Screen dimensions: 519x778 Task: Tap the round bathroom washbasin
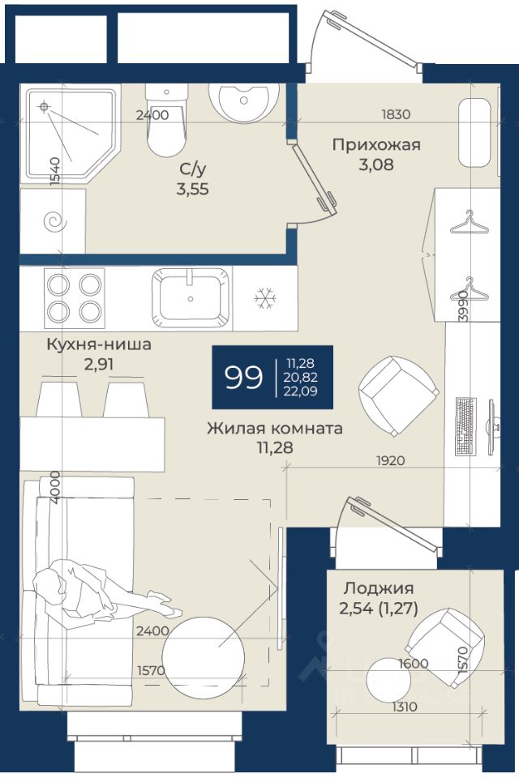[244, 103]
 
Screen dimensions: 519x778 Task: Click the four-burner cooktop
[75, 297]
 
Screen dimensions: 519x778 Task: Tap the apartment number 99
[243, 378]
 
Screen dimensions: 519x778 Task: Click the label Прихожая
[376, 145]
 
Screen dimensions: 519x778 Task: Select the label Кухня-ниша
[99, 344]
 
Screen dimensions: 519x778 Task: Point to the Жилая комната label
[275, 428]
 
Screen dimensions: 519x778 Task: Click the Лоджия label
[379, 588]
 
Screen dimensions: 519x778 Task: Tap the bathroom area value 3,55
[193, 189]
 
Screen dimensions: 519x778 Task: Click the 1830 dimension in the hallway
[396, 114]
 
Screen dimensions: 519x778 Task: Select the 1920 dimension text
[390, 461]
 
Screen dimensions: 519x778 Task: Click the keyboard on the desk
[465, 425]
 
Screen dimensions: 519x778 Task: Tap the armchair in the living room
[399, 396]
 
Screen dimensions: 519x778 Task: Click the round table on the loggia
[388, 680]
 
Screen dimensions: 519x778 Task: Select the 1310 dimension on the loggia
[405, 706]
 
